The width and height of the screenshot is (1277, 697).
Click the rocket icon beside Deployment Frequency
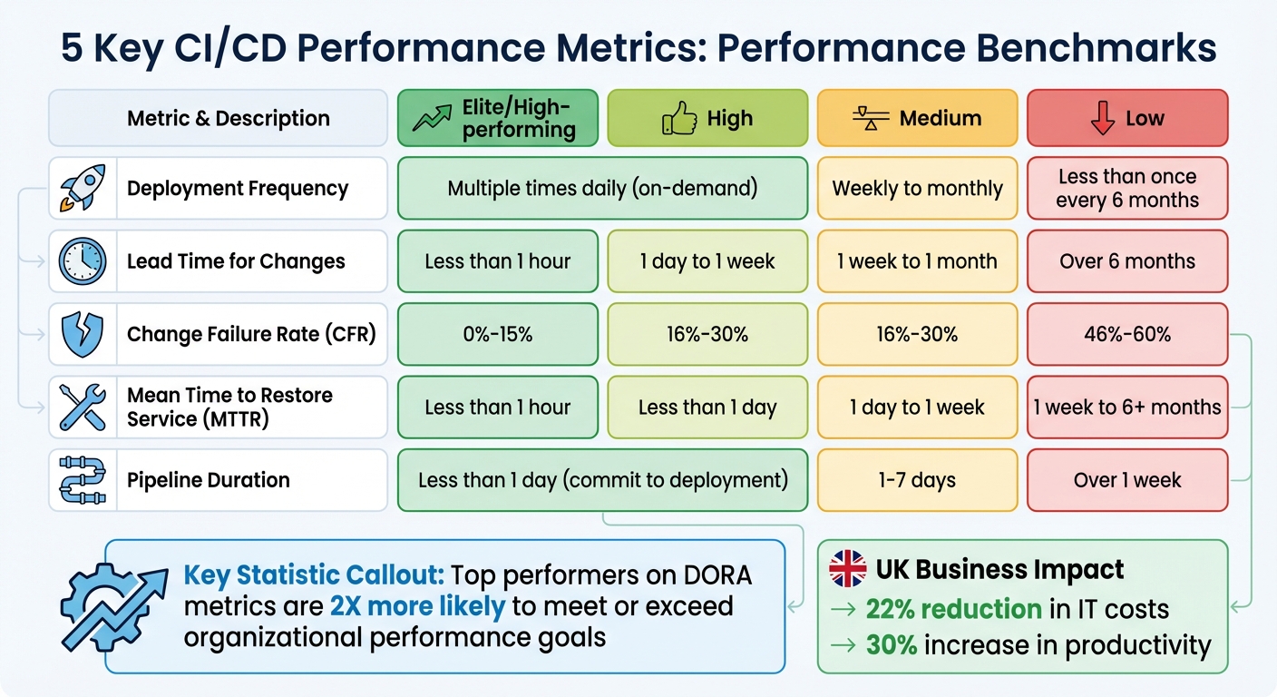(83, 188)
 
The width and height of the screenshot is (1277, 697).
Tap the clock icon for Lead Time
(83, 261)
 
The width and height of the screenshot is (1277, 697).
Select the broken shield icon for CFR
(83, 334)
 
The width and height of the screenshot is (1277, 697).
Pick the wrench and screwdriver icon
(83, 407)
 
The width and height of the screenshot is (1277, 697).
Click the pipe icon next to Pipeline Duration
(83, 480)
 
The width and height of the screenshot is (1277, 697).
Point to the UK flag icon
(848, 570)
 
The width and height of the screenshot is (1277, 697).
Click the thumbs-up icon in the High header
(679, 118)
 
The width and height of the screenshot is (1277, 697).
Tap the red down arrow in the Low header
(1103, 118)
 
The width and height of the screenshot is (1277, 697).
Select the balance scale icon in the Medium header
(871, 118)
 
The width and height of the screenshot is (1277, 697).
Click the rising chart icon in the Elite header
(433, 118)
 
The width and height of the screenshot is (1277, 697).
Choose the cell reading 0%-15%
(497, 334)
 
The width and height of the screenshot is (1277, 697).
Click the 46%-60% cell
(1127, 334)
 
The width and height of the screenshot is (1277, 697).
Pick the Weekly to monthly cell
(917, 189)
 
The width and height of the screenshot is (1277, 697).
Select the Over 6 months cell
(1127, 261)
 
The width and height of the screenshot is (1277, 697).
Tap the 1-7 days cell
(917, 480)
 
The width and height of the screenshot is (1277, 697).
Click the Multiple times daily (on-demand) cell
(602, 189)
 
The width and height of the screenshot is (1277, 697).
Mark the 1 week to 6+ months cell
(1127, 407)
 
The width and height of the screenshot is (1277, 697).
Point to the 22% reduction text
(953, 609)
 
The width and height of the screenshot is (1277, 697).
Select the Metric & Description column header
(218, 118)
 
